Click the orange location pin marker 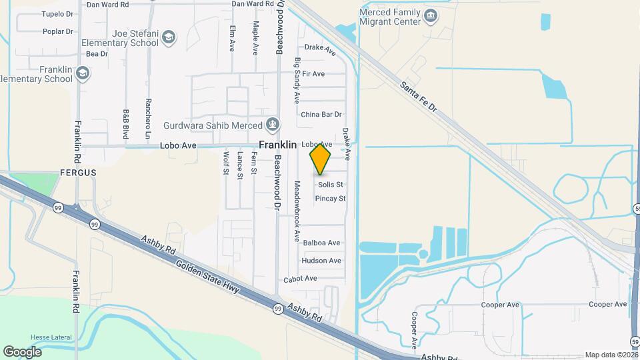pyautogui.click(x=320, y=158)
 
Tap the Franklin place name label pyautogui.click(x=277, y=145)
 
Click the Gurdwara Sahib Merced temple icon pyautogui.click(x=272, y=123)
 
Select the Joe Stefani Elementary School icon pyautogui.click(x=169, y=37)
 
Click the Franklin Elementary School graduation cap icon pyautogui.click(x=83, y=73)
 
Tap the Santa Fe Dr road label pyautogui.click(x=419, y=97)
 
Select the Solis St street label pyautogui.click(x=330, y=185)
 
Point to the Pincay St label pyautogui.click(x=330, y=199)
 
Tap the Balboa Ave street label pyautogui.click(x=321, y=243)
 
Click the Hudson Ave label pyautogui.click(x=321, y=261)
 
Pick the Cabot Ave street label pyautogui.click(x=300, y=278)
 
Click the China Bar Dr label pyautogui.click(x=321, y=115)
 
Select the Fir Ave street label pyautogui.click(x=313, y=74)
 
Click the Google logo pyautogui.click(x=22, y=351)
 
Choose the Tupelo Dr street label pyautogui.click(x=57, y=13)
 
